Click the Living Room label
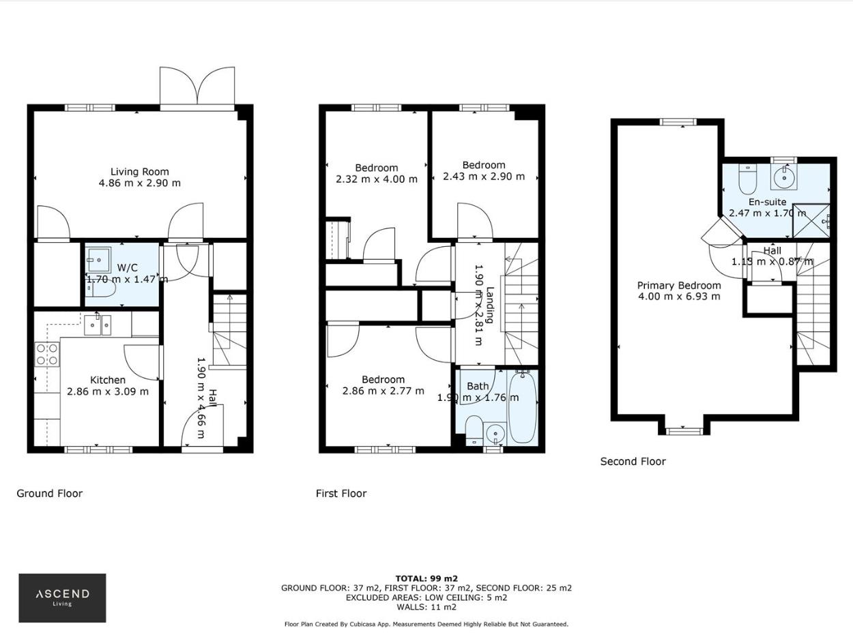click(140, 172)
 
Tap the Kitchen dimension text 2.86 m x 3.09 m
click(108, 391)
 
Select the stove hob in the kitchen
click(47, 354)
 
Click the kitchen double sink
click(98, 325)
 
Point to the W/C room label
click(127, 267)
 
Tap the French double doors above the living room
click(197, 87)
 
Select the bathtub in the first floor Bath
click(523, 407)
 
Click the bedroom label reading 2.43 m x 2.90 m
click(484, 176)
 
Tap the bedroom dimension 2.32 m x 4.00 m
click(376, 179)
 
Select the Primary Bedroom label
click(679, 286)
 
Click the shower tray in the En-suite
click(811, 221)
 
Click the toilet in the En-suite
click(748, 179)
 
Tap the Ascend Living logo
click(62, 597)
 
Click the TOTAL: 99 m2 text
click(426, 578)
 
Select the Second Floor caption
click(633, 462)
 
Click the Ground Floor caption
click(49, 493)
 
